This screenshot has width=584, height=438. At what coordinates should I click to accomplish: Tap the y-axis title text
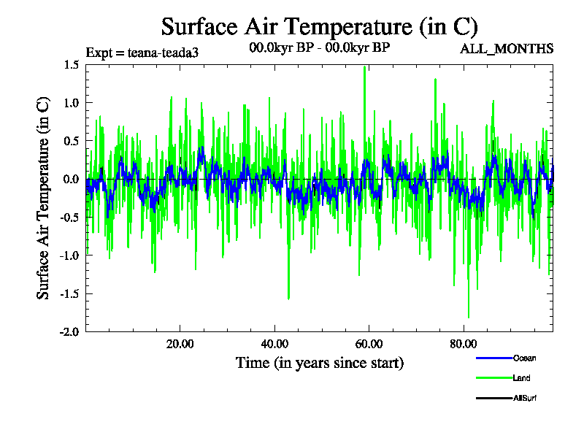pos(44,198)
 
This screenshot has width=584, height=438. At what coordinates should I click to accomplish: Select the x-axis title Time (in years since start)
pos(319,362)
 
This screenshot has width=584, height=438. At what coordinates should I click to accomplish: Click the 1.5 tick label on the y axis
pos(71,65)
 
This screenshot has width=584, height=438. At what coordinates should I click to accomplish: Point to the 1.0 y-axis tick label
pos(71,103)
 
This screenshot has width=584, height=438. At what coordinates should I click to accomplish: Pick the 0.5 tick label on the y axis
pos(71,141)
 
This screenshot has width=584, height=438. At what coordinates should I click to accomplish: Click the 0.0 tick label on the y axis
pos(71,179)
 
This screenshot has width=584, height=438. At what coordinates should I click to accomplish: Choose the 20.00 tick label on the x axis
pos(180,345)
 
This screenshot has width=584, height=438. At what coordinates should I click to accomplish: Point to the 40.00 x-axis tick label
pos(274,345)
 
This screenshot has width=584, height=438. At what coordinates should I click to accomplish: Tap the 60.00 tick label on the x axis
pos(369,345)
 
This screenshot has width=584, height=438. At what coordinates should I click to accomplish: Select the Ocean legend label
pos(524,358)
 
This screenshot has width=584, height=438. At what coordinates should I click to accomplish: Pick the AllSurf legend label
pos(526,398)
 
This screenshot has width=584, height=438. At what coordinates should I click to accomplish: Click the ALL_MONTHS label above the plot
pos(506,49)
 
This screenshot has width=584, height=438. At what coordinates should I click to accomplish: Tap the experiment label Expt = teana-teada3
pos(142,53)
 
